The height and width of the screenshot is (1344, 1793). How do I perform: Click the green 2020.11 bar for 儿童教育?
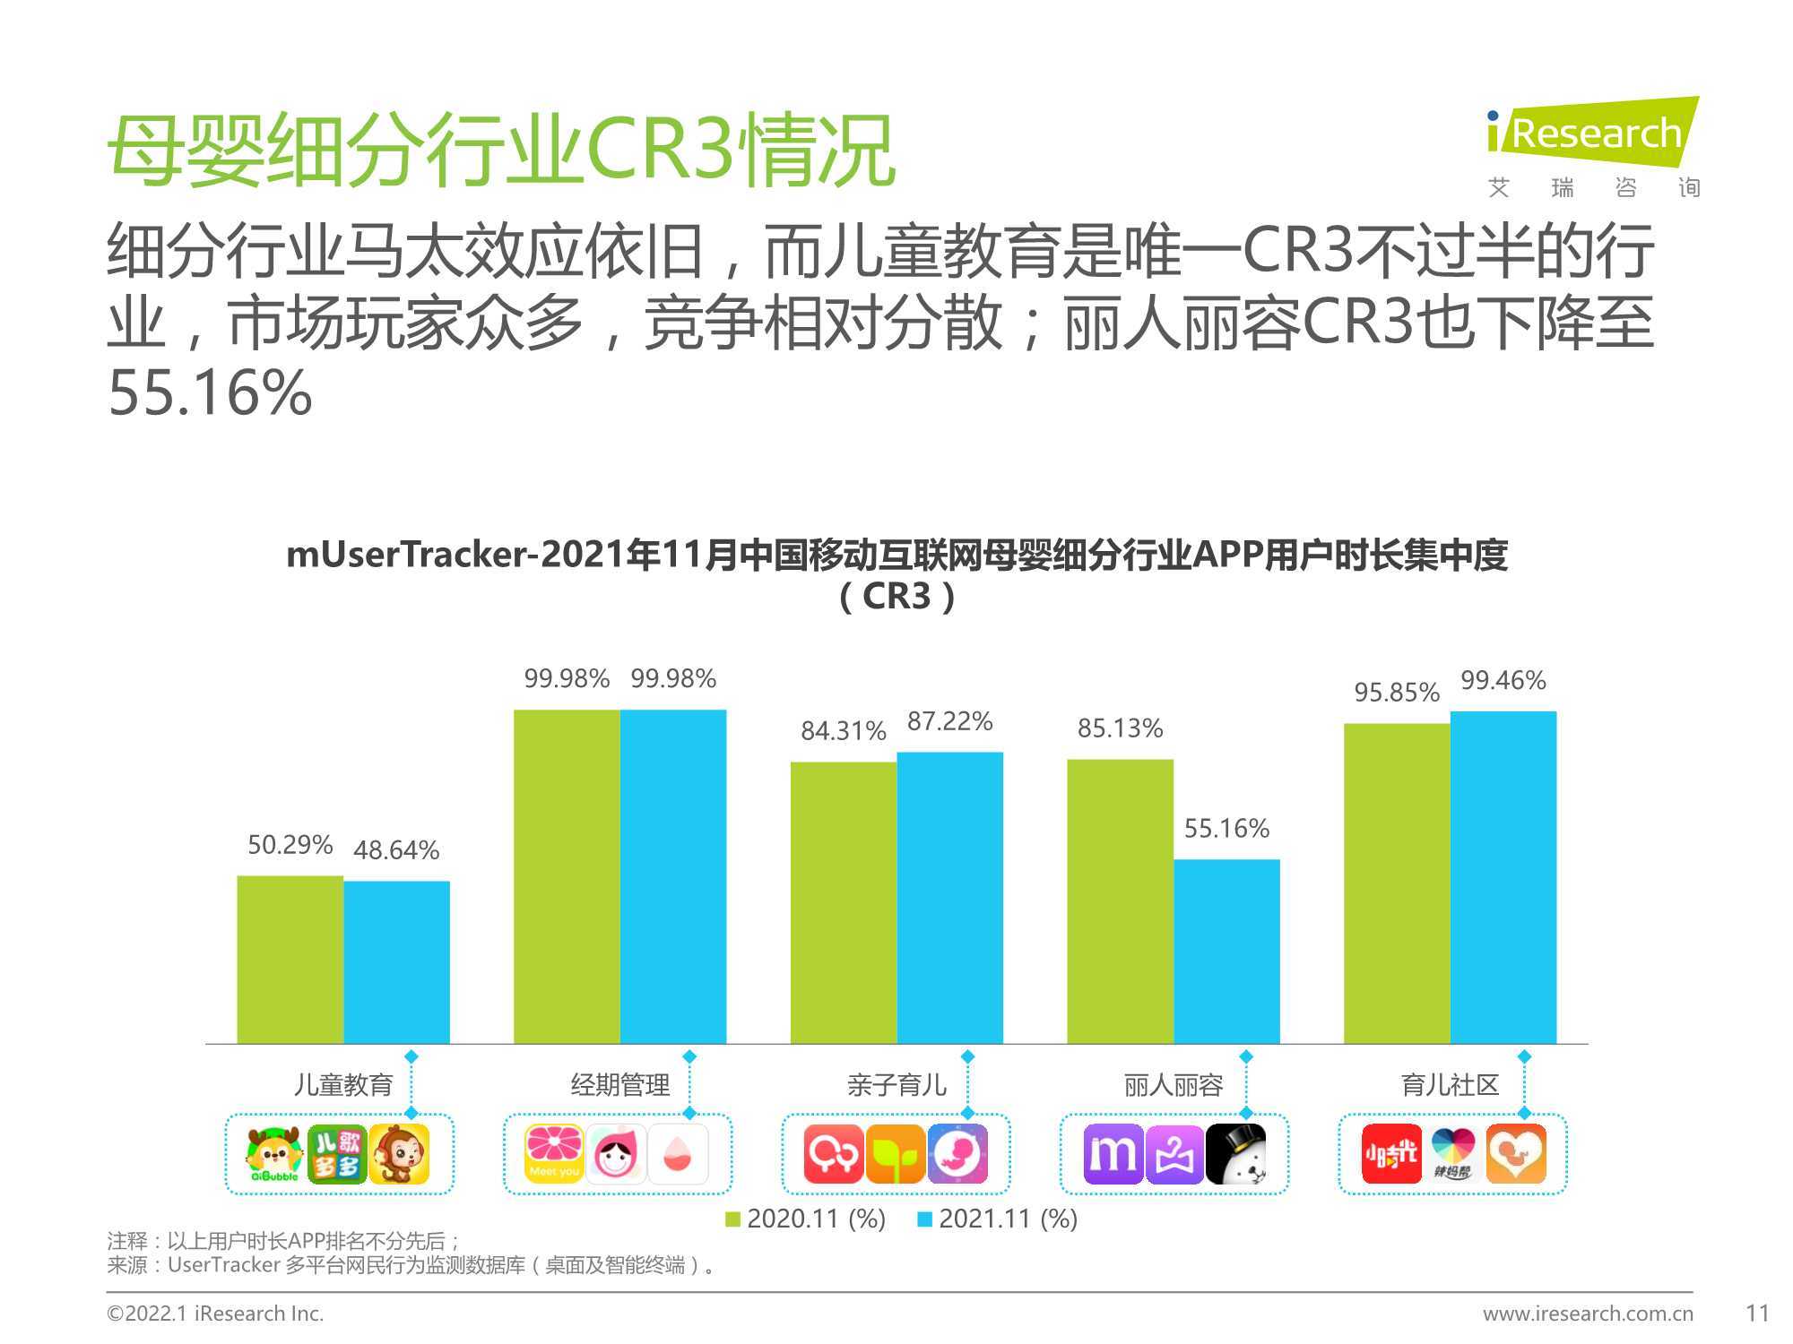(x=290, y=960)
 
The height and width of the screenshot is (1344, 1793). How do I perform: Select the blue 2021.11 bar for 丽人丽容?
(x=1226, y=952)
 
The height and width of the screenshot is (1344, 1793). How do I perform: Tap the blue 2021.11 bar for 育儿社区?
(x=1503, y=877)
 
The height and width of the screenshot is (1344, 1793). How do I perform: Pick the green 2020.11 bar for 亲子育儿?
(x=844, y=903)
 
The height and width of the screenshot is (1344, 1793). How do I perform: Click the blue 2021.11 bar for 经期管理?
(x=673, y=876)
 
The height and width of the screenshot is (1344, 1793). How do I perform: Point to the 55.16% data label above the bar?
(x=1226, y=828)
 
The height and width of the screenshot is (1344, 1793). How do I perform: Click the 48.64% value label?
(x=396, y=849)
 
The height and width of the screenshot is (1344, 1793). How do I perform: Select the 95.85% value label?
(x=1397, y=692)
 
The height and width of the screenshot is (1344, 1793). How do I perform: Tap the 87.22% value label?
(x=949, y=721)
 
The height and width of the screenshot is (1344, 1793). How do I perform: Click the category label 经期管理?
(x=620, y=1085)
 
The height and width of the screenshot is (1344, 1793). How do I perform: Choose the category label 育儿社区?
(x=1450, y=1085)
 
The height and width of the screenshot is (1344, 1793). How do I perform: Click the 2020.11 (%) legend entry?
(x=805, y=1219)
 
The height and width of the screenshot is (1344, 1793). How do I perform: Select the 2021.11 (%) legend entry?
(x=998, y=1219)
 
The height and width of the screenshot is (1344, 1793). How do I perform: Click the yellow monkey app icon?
(x=399, y=1154)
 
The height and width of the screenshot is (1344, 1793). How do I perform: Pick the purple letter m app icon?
(x=1113, y=1154)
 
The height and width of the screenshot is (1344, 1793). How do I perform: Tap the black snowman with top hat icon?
(x=1236, y=1154)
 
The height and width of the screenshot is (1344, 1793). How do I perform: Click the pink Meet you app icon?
(x=554, y=1154)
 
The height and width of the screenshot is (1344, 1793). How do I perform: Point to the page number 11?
(x=1758, y=1314)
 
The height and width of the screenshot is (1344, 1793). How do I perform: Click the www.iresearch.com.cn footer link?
(x=1588, y=1314)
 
